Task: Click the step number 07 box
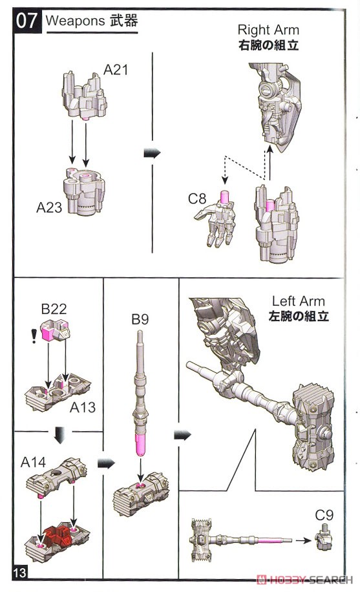pos(27,21)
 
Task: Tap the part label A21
pos(116,69)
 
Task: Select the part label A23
pos(49,207)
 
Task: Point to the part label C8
pos(197,198)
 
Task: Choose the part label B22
pos(54,309)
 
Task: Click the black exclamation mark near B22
pos(34,335)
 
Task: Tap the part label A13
pos(83,407)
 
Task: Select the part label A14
pos(33,462)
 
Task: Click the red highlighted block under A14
pos(58,536)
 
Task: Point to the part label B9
pos(140,319)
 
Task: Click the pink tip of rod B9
pos(140,445)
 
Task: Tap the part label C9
pos(324,515)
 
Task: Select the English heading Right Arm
pos(268,30)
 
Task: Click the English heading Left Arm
pos(298,301)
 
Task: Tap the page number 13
pos(20,573)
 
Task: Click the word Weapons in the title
pos(75,21)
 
